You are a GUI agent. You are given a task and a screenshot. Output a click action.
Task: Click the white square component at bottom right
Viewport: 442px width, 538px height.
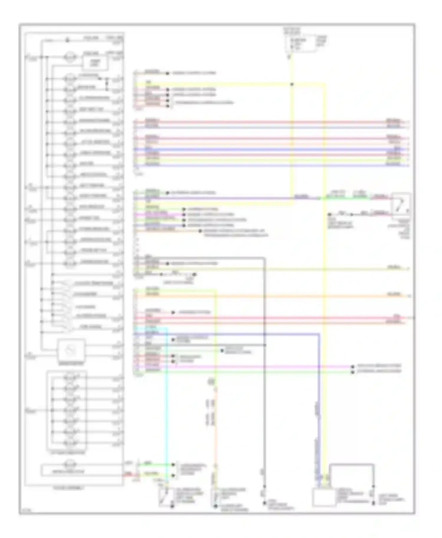click(324, 497)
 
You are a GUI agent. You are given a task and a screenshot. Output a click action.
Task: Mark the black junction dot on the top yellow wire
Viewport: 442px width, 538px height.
click(292, 84)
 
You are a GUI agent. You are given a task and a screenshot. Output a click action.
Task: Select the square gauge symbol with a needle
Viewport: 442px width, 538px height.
click(72, 350)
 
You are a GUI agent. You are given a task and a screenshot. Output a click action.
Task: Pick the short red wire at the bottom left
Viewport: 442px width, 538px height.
click(129, 475)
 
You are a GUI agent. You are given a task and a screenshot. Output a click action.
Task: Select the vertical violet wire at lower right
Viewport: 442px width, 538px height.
click(319, 412)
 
